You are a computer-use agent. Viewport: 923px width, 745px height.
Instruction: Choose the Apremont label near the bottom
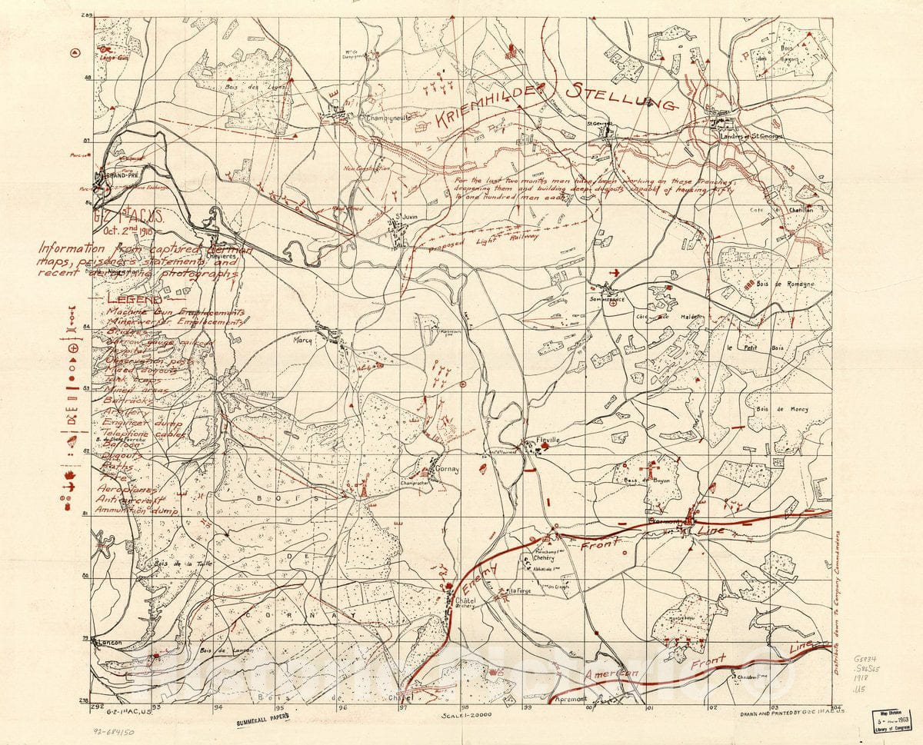click(570, 699)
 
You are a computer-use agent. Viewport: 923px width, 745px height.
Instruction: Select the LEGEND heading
click(135, 299)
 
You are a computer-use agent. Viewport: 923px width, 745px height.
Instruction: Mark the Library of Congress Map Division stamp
click(896, 725)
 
